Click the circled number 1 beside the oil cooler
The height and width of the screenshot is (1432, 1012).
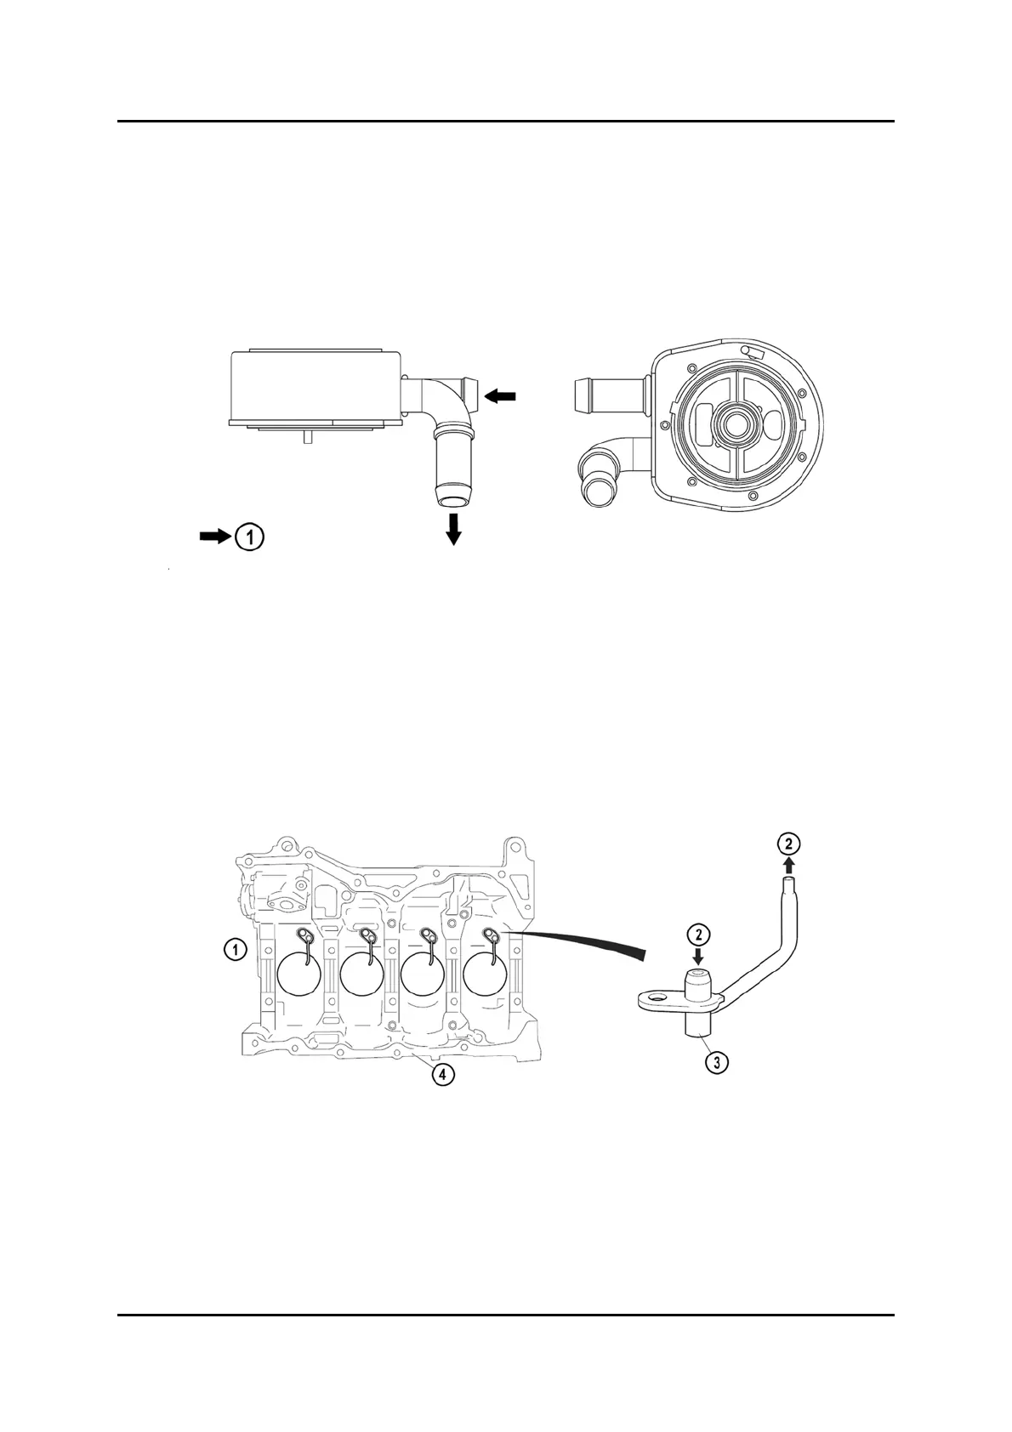pos(249,537)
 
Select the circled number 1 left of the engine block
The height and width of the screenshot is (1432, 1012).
pos(235,949)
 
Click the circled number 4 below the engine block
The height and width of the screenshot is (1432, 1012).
pos(441,1075)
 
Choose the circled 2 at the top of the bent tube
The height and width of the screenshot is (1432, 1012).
pos(789,844)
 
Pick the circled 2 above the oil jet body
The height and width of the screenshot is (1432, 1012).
pos(698,934)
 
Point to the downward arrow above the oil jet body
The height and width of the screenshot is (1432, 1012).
pos(698,956)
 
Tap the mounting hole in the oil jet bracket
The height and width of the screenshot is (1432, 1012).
pos(656,994)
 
